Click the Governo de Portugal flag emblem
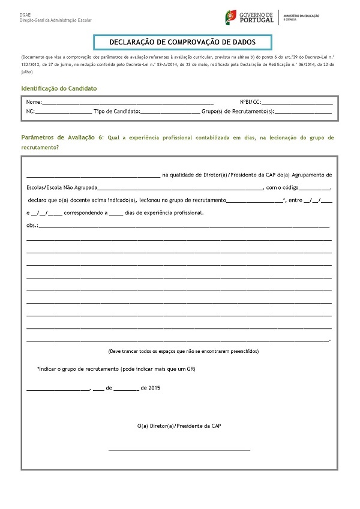coord(229,16)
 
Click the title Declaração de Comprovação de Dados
coord(182,42)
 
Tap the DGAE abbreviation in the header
coord(26,14)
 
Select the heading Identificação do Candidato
coord(59,88)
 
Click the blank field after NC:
coord(64,112)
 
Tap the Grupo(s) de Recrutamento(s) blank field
coord(303,112)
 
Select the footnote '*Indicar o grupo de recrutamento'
coord(116,368)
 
